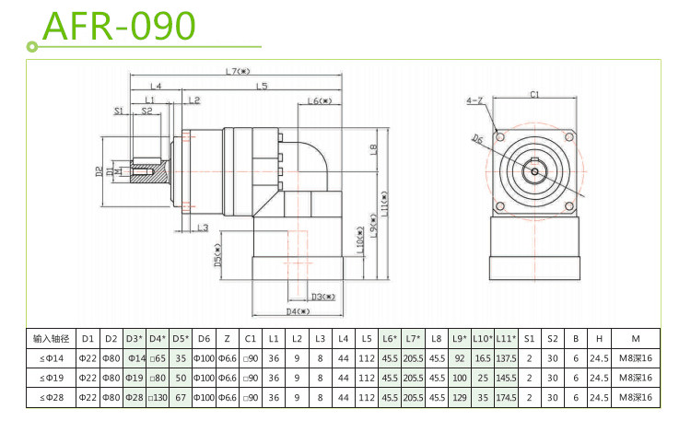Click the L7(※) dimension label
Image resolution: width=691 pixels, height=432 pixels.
pos(242,71)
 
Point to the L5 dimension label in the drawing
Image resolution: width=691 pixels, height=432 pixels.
pos(263,86)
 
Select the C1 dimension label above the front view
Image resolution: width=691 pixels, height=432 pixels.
pos(534,94)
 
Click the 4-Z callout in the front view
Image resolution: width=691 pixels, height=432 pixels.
pos(475,99)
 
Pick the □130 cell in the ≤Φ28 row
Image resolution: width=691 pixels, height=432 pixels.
pos(158,397)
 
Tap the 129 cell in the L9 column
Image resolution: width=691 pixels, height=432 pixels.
pos(460,397)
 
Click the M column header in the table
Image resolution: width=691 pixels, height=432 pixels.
pos(636,338)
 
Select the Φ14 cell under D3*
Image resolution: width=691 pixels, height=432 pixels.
pos(135,358)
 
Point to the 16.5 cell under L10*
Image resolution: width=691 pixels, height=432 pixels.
pos(482,358)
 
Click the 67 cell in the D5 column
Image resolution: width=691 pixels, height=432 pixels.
pos(181,397)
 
